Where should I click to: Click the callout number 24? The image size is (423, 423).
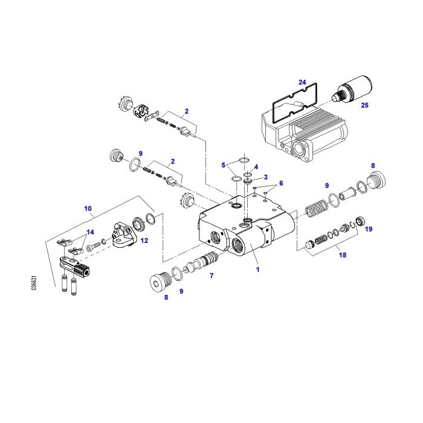tap(302, 82)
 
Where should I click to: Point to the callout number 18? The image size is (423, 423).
tap(342, 256)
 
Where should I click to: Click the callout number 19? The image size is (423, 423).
tap(369, 229)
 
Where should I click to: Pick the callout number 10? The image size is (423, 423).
tap(88, 208)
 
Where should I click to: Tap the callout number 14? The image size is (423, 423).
tap(90, 232)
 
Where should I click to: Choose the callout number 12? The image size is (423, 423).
tap(144, 240)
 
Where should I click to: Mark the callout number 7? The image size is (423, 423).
tap(211, 276)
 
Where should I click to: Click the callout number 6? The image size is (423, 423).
tap(280, 182)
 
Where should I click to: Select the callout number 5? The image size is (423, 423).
tap(223, 164)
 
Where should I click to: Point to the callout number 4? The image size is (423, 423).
tap(256, 167)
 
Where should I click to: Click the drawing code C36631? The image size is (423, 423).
tap(35, 284)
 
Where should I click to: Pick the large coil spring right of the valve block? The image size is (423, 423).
tap(315, 209)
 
